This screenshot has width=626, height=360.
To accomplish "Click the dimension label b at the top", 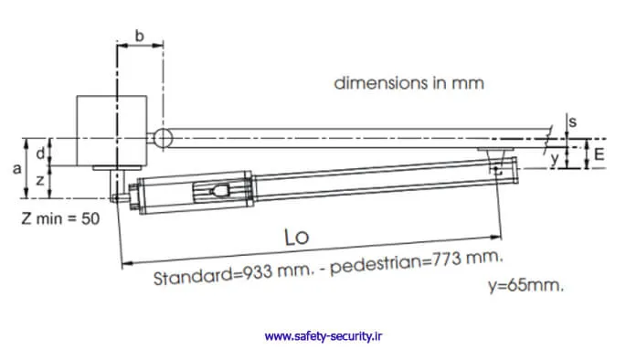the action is pyautogui.click(x=139, y=36).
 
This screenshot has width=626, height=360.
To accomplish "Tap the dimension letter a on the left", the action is pyautogui.click(x=16, y=169).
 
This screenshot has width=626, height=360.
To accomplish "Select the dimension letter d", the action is pyautogui.click(x=40, y=153).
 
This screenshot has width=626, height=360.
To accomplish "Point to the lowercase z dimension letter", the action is pyautogui.click(x=40, y=181).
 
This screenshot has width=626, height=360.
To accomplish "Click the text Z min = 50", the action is pyautogui.click(x=60, y=218).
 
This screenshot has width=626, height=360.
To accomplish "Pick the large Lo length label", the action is pyautogui.click(x=297, y=237).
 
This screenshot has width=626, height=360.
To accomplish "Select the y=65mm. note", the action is pyautogui.click(x=525, y=286).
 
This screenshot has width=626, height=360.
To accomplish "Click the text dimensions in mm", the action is pyautogui.click(x=408, y=83).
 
